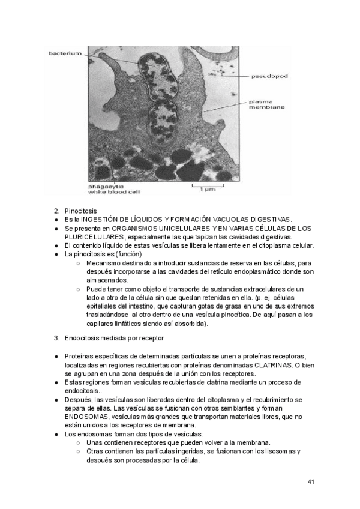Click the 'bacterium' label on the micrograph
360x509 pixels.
[64, 54]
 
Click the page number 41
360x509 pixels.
[311, 482]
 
